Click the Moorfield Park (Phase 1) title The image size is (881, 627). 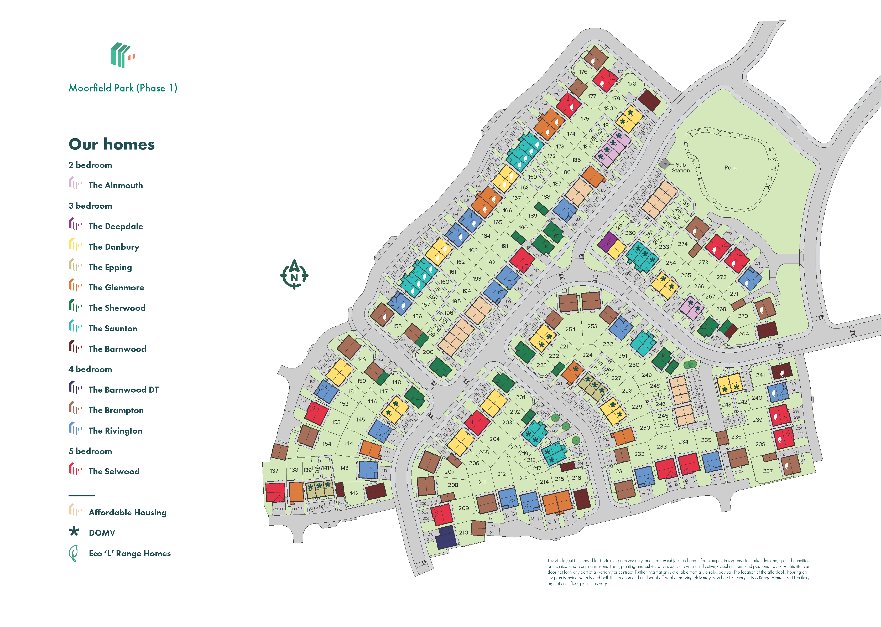123,88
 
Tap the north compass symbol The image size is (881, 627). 294,275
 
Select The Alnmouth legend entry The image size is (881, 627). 115,185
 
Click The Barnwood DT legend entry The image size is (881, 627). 123,389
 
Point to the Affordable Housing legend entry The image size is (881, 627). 127,512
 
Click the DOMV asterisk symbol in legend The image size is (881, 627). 74,532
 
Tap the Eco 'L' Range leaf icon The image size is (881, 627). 73,553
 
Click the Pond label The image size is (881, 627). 731,168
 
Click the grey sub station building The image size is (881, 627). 665,163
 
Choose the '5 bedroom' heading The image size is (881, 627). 90,451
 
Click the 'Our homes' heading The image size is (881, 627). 112,144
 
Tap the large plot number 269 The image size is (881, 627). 743,334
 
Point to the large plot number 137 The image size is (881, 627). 274,471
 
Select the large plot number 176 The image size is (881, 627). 583,72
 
